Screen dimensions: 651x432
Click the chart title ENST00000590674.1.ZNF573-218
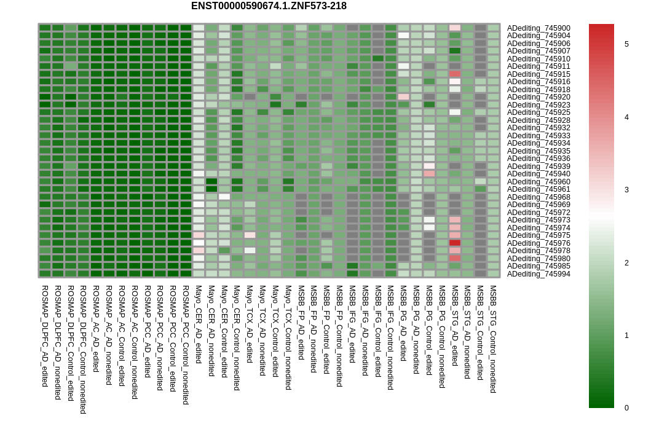269,6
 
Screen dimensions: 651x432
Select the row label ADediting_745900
539,28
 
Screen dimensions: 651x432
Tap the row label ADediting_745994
539,274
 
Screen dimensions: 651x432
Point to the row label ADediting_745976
539,243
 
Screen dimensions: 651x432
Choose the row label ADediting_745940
539,174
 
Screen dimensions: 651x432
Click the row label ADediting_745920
539,97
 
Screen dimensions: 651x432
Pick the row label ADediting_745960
539,182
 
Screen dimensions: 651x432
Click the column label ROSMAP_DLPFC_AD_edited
45,336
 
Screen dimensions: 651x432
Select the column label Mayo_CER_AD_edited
199,324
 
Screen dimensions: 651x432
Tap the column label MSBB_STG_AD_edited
455,325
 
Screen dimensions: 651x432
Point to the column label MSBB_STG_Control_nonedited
493,339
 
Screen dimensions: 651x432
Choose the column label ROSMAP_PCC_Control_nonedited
186,345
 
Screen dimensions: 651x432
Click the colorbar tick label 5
626,44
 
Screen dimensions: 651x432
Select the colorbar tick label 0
626,408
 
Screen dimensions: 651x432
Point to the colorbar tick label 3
626,190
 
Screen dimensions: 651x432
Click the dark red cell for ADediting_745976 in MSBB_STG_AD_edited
455,243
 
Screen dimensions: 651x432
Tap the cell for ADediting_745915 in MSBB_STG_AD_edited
455,74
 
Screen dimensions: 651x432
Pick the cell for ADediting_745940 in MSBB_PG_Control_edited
429,174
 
